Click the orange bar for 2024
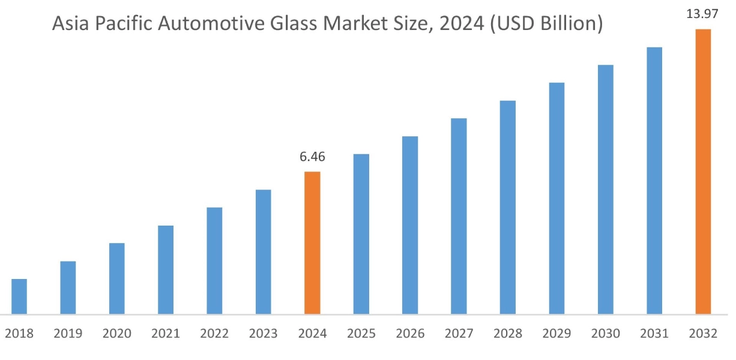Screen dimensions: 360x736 click(x=312, y=243)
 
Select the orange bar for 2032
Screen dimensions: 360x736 click(x=703, y=172)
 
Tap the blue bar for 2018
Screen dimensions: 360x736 click(x=19, y=296)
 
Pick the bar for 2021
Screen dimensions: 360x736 click(x=166, y=269)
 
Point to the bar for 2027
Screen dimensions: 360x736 click(x=459, y=216)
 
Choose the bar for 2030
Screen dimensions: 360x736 click(x=605, y=189)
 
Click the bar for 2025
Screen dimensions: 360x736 click(x=361, y=234)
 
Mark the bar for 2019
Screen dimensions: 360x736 click(x=68, y=287)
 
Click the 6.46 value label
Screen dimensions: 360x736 click(x=312, y=158)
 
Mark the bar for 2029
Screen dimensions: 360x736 click(x=557, y=198)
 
